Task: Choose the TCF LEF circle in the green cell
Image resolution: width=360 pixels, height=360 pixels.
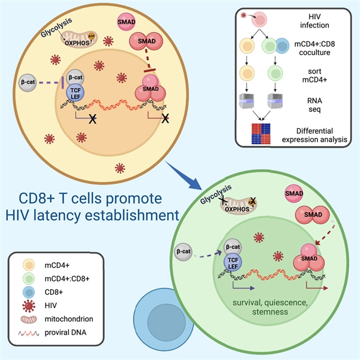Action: click(233, 262)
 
